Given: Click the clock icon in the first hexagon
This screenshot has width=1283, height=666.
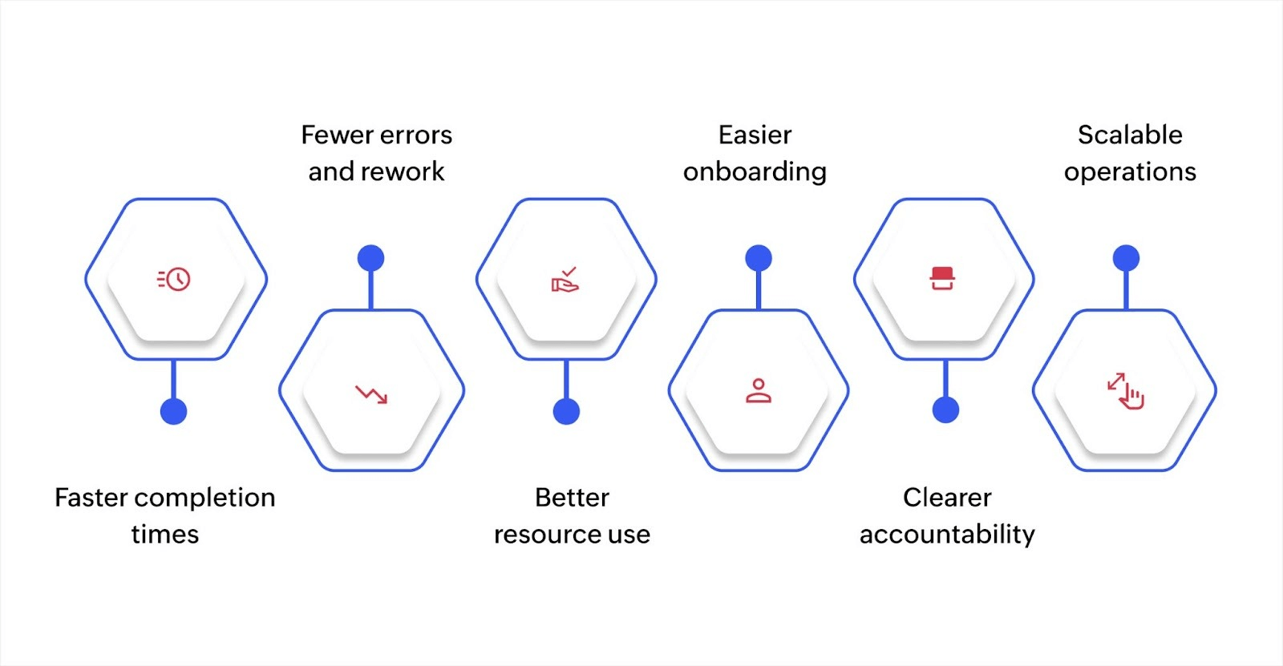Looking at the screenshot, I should [174, 279].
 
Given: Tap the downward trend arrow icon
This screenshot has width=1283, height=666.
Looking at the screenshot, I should [371, 394].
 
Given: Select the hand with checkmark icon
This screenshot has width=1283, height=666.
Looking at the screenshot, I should [565, 280].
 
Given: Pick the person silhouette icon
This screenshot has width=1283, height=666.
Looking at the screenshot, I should [759, 391].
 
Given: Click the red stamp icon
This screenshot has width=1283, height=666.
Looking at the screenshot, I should [942, 278].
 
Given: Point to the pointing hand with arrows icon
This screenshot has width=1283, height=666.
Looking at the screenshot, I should [1126, 391].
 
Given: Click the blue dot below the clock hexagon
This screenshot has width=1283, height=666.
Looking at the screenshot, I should [173, 411].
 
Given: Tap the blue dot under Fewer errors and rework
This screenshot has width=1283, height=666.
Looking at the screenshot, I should [370, 258].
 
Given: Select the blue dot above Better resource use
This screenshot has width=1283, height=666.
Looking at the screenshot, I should [566, 411].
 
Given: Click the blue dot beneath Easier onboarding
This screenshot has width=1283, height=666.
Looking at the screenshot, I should [759, 258].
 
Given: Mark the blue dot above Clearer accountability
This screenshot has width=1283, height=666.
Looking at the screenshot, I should [946, 410].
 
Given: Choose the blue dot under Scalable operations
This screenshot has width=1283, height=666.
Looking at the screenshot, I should [1126, 258].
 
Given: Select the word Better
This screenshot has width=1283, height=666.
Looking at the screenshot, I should [572, 498].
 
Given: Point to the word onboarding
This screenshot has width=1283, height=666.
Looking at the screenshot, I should [755, 172].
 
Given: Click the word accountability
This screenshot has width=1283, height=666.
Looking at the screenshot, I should [947, 535].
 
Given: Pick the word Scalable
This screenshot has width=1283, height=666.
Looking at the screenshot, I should [1130, 135].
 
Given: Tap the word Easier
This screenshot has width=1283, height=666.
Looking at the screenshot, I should [755, 135].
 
